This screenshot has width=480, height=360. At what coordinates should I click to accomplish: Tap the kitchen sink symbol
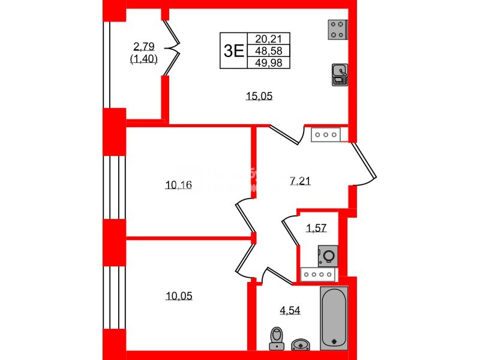pyautogui.click(x=339, y=74)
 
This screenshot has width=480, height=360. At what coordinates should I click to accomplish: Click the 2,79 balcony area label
pyautogui.click(x=144, y=46)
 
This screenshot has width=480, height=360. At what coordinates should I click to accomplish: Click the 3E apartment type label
pyautogui.click(x=233, y=50)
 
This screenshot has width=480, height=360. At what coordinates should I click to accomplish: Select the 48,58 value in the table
pyautogui.click(x=264, y=50)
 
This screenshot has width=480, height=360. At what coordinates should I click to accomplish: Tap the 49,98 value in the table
pyautogui.click(x=264, y=62)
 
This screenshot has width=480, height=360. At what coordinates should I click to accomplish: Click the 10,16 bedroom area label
pyautogui.click(x=178, y=185)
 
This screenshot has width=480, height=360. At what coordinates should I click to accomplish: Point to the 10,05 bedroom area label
pyautogui.click(x=178, y=296)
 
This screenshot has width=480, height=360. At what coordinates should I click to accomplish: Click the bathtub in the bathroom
pyautogui.click(x=334, y=318)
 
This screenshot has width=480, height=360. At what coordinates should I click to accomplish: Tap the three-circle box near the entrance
pyautogui.click(x=326, y=135)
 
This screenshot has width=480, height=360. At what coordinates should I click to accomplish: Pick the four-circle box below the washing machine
pyautogui.click(x=319, y=275)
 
